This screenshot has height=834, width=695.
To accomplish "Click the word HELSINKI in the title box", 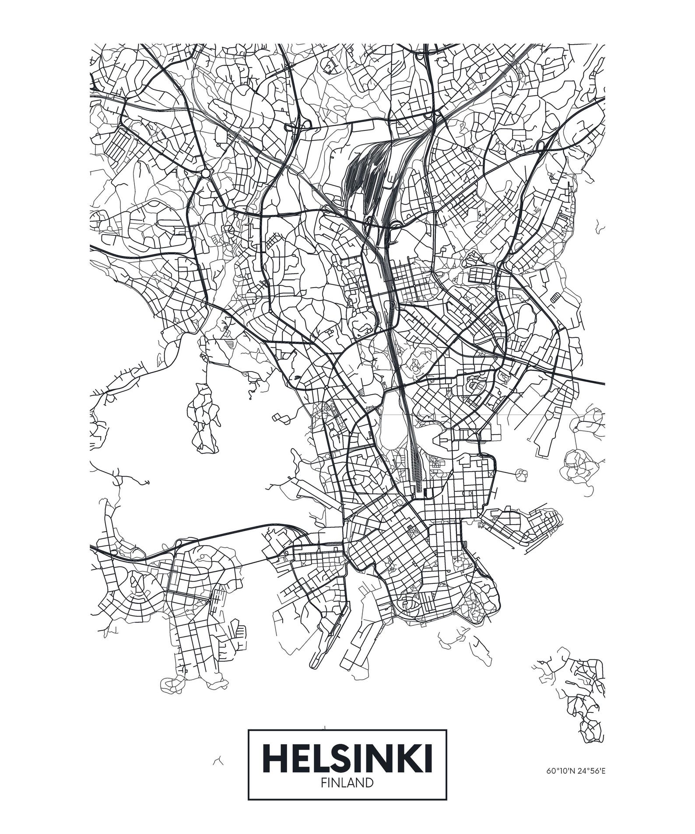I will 347,758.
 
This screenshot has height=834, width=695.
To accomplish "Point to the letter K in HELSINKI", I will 411,758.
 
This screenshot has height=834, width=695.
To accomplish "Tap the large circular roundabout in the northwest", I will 206,174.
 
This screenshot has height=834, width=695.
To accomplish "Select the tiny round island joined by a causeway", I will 521,473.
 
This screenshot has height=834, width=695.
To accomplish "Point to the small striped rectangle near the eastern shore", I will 555,298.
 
